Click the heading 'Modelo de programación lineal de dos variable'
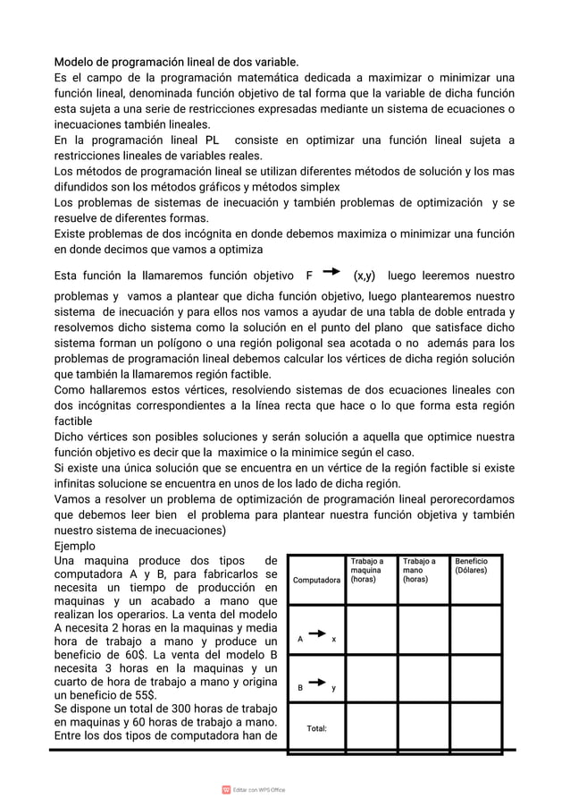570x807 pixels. click(x=176, y=62)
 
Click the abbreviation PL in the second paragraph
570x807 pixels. click(x=213, y=140)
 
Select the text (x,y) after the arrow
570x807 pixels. click(x=365, y=276)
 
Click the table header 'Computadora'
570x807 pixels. click(x=317, y=581)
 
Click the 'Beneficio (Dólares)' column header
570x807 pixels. click(x=472, y=566)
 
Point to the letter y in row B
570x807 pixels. click(x=333, y=689)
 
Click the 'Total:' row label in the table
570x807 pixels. click(x=316, y=728)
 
